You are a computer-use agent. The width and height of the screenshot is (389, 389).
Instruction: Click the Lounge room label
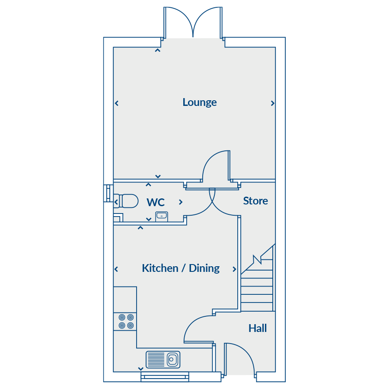coord(199,102)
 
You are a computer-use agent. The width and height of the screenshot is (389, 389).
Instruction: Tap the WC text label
coord(156,202)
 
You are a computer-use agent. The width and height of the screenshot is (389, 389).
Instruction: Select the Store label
coord(255,201)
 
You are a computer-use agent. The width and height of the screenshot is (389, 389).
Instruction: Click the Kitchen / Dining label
coord(181,268)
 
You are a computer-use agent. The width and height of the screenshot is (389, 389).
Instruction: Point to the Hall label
coord(257,328)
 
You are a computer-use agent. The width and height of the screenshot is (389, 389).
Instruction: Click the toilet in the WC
coord(127,201)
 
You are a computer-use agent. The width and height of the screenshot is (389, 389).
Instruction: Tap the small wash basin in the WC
coord(161,216)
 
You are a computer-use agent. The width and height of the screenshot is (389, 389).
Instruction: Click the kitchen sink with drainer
coord(163,359)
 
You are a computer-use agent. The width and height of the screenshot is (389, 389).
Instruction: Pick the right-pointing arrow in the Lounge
coord(273,103)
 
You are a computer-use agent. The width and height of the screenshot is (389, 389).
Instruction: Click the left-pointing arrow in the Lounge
coord(117,103)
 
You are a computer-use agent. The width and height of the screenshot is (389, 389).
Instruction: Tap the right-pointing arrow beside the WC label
coord(181,202)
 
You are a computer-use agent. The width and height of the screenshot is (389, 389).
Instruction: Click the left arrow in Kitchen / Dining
coord(116,269)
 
